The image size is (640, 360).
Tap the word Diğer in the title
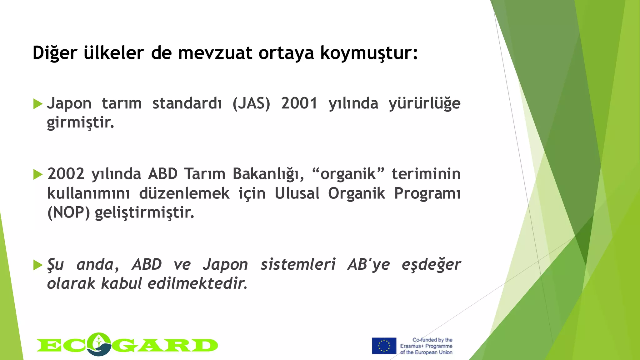click(x=55, y=53)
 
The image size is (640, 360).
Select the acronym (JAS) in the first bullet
click(x=251, y=103)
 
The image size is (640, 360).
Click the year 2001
click(x=299, y=103)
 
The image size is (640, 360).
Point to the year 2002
click(x=66, y=174)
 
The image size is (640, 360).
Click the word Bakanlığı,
click(x=268, y=174)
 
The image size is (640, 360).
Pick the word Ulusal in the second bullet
click(x=297, y=193)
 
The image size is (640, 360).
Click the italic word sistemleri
click(x=298, y=264)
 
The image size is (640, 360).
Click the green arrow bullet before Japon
click(x=37, y=104)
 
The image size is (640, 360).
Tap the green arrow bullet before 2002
click(x=37, y=174)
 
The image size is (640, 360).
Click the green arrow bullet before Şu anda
click(x=37, y=265)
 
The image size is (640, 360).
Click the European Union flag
click(x=384, y=346)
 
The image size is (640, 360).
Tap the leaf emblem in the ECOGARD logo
click(x=99, y=344)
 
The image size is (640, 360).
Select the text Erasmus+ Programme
click(x=426, y=346)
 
